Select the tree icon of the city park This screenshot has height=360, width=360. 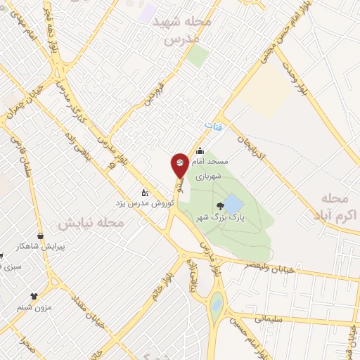(221, 206)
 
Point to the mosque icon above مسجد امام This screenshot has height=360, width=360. (200, 150)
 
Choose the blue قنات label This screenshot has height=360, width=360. (212, 126)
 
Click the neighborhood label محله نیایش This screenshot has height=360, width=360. (91, 223)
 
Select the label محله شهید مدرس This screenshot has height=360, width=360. (187, 31)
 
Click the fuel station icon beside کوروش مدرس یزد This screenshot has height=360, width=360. (145, 192)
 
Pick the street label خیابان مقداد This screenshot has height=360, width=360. (87, 309)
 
